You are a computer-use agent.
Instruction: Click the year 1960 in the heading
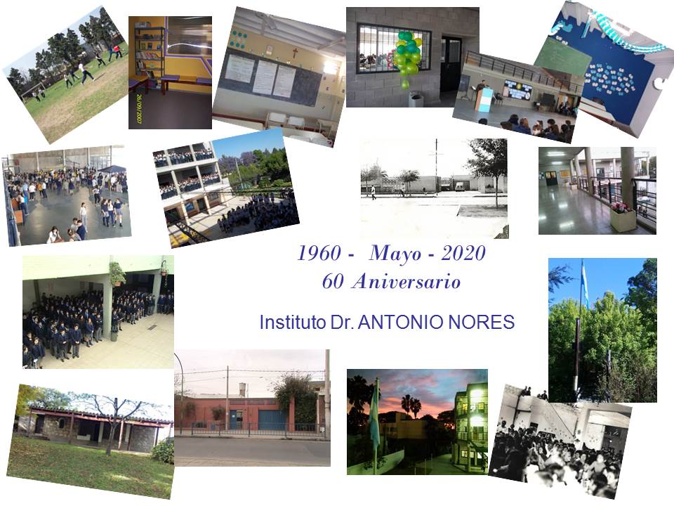(x=320, y=253)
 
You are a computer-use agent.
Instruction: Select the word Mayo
(x=395, y=254)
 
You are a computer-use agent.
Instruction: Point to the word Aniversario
(x=407, y=281)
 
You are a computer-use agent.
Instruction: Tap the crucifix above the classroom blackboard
(x=295, y=53)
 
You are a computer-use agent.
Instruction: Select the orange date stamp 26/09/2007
(x=139, y=109)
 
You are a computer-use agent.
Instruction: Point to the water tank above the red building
(x=244, y=389)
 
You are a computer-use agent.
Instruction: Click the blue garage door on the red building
(x=272, y=420)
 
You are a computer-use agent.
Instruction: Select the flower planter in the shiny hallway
(x=623, y=216)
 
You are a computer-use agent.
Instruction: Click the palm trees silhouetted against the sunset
(x=411, y=406)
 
